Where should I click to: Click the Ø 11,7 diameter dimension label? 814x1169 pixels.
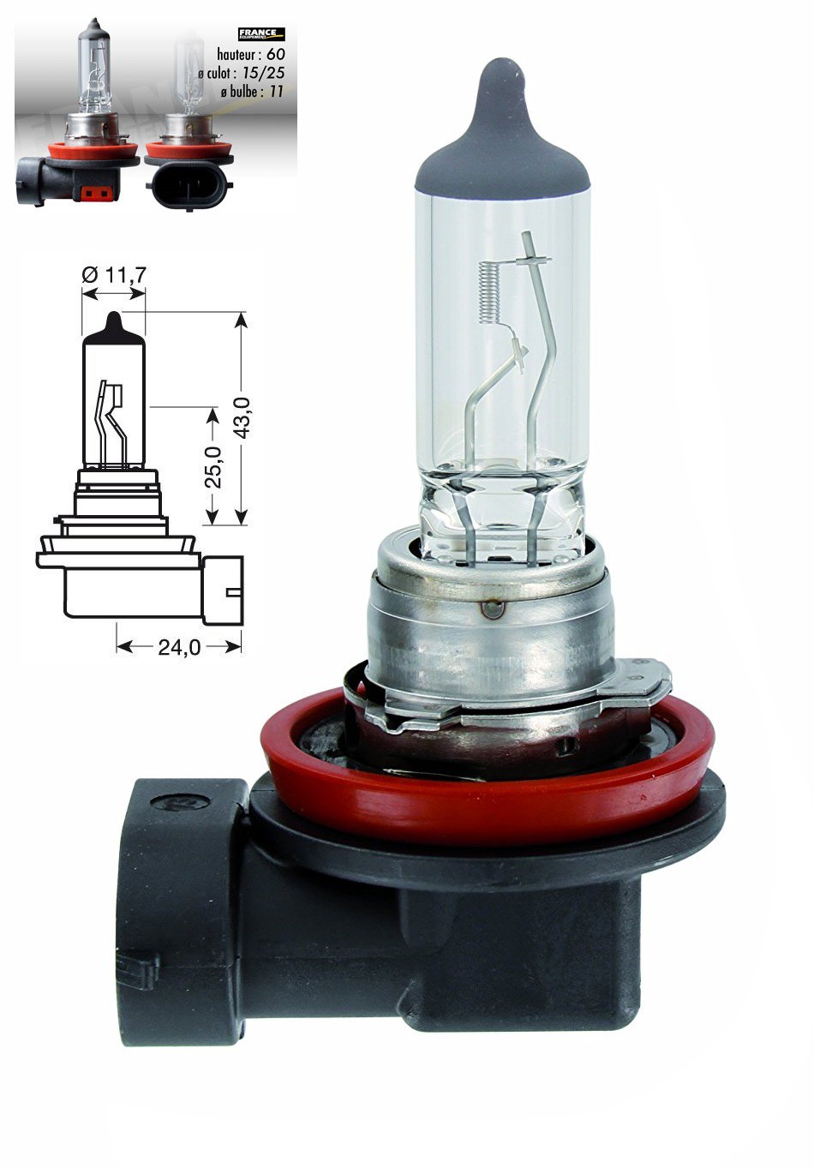point(114,274)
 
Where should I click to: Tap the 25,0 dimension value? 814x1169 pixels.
point(212,466)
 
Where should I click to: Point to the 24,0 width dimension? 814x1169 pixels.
point(178,648)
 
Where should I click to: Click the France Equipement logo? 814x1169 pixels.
point(260,34)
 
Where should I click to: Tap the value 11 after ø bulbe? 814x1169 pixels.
point(275,91)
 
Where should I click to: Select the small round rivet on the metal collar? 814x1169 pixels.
point(492,608)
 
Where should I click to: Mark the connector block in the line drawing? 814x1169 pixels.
point(223,590)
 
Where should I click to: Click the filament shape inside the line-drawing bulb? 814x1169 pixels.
point(111,420)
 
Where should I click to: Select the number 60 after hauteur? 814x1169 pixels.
point(275,54)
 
